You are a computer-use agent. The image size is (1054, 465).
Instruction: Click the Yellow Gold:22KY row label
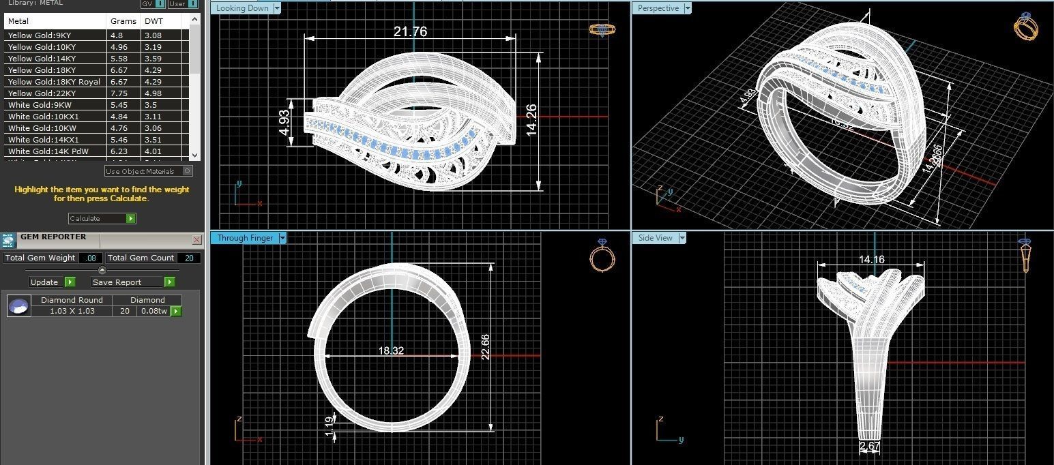coord(42,93)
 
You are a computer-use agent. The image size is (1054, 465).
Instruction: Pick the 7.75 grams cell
coord(117,93)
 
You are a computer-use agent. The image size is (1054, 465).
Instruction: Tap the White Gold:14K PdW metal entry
coord(48,151)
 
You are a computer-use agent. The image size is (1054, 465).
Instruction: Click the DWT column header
coord(153,21)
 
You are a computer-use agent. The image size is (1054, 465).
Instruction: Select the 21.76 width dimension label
coord(410,31)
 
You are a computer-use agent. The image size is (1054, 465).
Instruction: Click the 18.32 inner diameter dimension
coord(391,350)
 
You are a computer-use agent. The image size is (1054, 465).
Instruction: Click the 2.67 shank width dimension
coord(869,447)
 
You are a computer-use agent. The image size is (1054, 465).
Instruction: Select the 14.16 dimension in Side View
coord(871,259)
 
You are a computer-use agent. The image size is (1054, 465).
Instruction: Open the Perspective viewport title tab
coord(658,8)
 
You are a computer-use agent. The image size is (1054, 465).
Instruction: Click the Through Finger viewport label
coord(245,238)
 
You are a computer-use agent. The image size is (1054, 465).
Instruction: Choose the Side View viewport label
coord(655,238)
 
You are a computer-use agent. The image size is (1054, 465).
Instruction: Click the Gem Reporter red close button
coord(197,240)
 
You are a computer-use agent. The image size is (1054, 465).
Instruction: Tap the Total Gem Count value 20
coord(189,258)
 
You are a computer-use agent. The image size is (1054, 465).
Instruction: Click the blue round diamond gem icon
coord(18,306)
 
